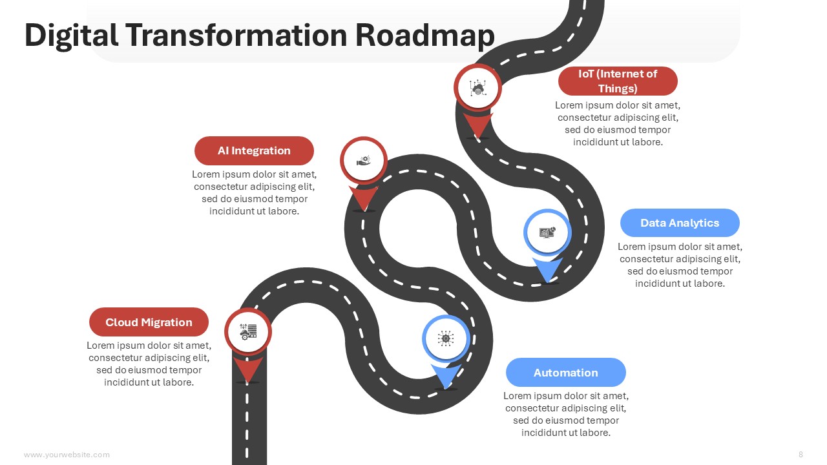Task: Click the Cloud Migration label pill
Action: [149, 322]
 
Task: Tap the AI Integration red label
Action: [254, 150]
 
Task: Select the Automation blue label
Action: [565, 373]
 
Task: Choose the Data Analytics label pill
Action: [680, 223]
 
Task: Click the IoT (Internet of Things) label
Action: [618, 81]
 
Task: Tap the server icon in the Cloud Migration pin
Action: [248, 332]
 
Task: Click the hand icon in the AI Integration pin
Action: [364, 161]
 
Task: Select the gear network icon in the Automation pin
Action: [446, 338]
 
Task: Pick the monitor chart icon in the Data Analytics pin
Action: [547, 232]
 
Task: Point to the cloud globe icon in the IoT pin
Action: [477, 88]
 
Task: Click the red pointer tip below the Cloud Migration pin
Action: [247, 382]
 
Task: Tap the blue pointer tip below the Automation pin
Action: [446, 389]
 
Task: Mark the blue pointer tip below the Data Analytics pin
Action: [547, 283]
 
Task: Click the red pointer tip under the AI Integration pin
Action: [364, 211]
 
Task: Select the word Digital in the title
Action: [71, 36]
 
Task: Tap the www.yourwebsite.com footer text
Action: [67, 454]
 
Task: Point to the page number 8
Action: [801, 454]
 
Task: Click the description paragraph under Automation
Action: [565, 414]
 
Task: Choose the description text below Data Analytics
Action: [680, 265]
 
